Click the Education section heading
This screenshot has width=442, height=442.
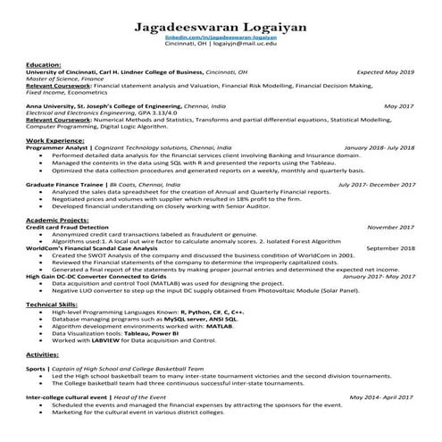point(44,65)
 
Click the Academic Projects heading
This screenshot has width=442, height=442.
point(60,219)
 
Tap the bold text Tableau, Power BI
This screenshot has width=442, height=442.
point(188,333)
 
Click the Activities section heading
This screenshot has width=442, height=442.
point(44,354)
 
